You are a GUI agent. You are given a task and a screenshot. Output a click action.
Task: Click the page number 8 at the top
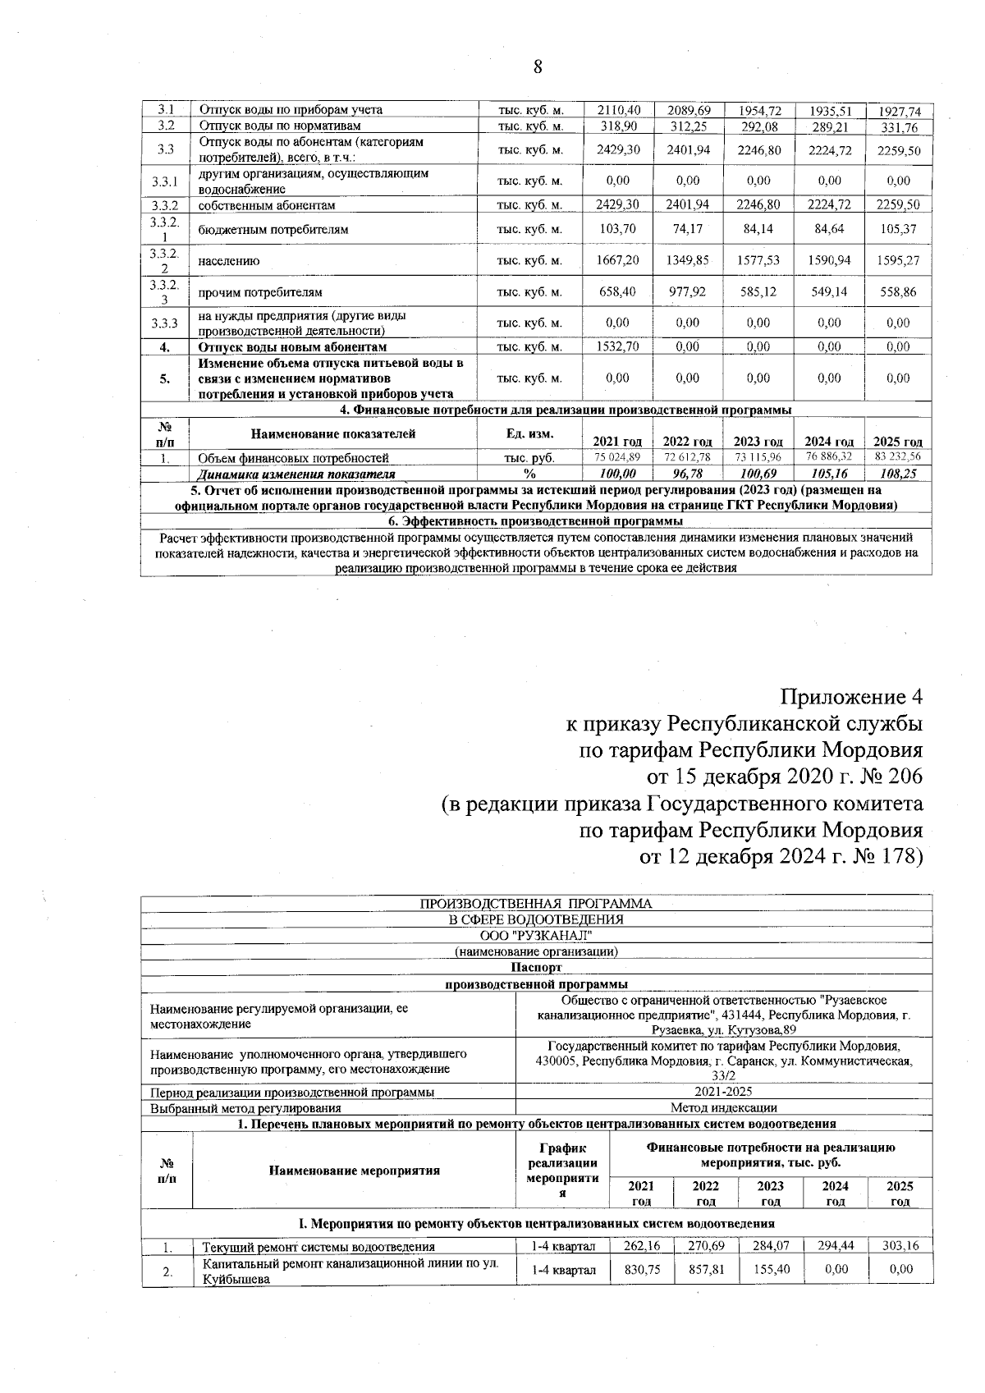point(538,67)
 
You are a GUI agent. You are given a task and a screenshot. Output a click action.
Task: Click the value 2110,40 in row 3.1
point(617,110)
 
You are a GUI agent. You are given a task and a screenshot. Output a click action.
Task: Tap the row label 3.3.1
point(165,181)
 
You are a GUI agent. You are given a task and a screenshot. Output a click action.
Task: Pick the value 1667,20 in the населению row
point(617,260)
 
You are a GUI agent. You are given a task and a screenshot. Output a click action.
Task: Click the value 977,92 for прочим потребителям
point(688,291)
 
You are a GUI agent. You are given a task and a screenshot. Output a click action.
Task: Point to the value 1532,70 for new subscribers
point(617,346)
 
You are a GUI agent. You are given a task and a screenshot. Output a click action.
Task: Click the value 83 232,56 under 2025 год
point(898,457)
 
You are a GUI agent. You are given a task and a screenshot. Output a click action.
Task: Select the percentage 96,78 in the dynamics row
point(688,474)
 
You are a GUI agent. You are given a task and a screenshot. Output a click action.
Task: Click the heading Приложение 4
point(851,697)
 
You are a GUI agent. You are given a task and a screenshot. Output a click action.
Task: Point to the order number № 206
point(886,776)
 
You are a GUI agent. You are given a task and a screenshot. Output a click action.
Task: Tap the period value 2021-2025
point(723,1092)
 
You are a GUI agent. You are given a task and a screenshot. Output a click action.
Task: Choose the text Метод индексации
point(723,1108)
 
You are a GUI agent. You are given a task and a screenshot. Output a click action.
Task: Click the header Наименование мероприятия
point(354,1171)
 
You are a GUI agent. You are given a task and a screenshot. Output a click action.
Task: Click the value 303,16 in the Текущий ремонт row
point(900,1246)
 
